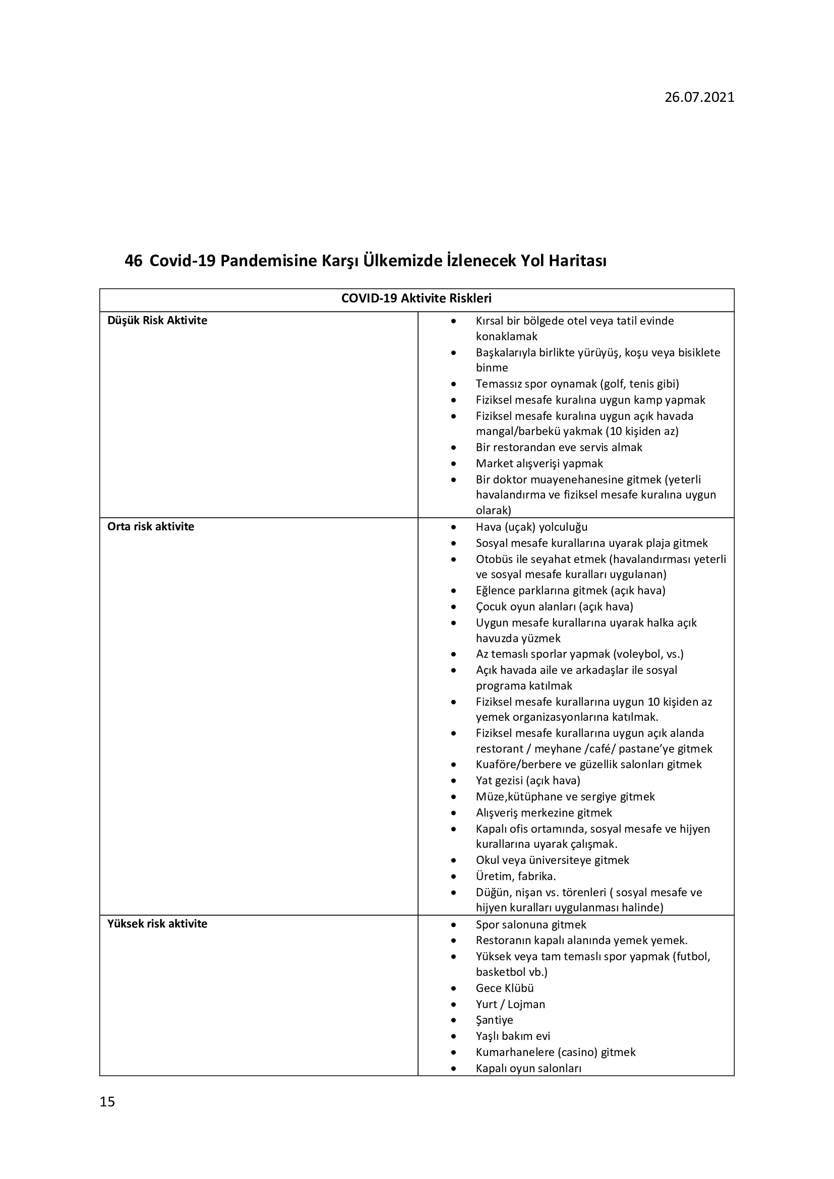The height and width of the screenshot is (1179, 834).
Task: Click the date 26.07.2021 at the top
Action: click(699, 98)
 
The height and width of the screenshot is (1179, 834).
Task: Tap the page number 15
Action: click(107, 1101)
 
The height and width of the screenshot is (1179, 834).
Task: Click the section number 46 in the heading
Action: click(133, 261)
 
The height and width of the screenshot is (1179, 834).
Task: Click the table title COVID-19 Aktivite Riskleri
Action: click(416, 298)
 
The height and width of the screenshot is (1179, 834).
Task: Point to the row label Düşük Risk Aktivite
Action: click(157, 321)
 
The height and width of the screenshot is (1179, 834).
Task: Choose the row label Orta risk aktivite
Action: click(150, 526)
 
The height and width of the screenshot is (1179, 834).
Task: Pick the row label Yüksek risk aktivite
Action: click(157, 924)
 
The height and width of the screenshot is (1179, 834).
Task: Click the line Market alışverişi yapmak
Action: click(539, 463)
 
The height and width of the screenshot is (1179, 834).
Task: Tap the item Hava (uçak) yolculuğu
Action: click(531, 527)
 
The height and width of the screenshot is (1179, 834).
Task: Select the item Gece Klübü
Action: click(505, 988)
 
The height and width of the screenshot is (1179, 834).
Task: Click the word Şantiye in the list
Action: click(494, 1020)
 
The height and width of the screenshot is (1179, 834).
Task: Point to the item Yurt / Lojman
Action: click(510, 1004)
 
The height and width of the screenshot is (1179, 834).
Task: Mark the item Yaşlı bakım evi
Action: click(512, 1036)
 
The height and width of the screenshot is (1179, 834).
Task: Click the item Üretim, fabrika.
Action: click(516, 876)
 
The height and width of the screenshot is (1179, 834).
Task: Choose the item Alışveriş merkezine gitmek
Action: click(544, 813)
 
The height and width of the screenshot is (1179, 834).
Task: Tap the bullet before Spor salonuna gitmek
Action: click(453, 925)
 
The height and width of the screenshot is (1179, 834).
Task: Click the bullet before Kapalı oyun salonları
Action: click(453, 1069)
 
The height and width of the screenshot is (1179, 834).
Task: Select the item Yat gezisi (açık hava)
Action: click(528, 780)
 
